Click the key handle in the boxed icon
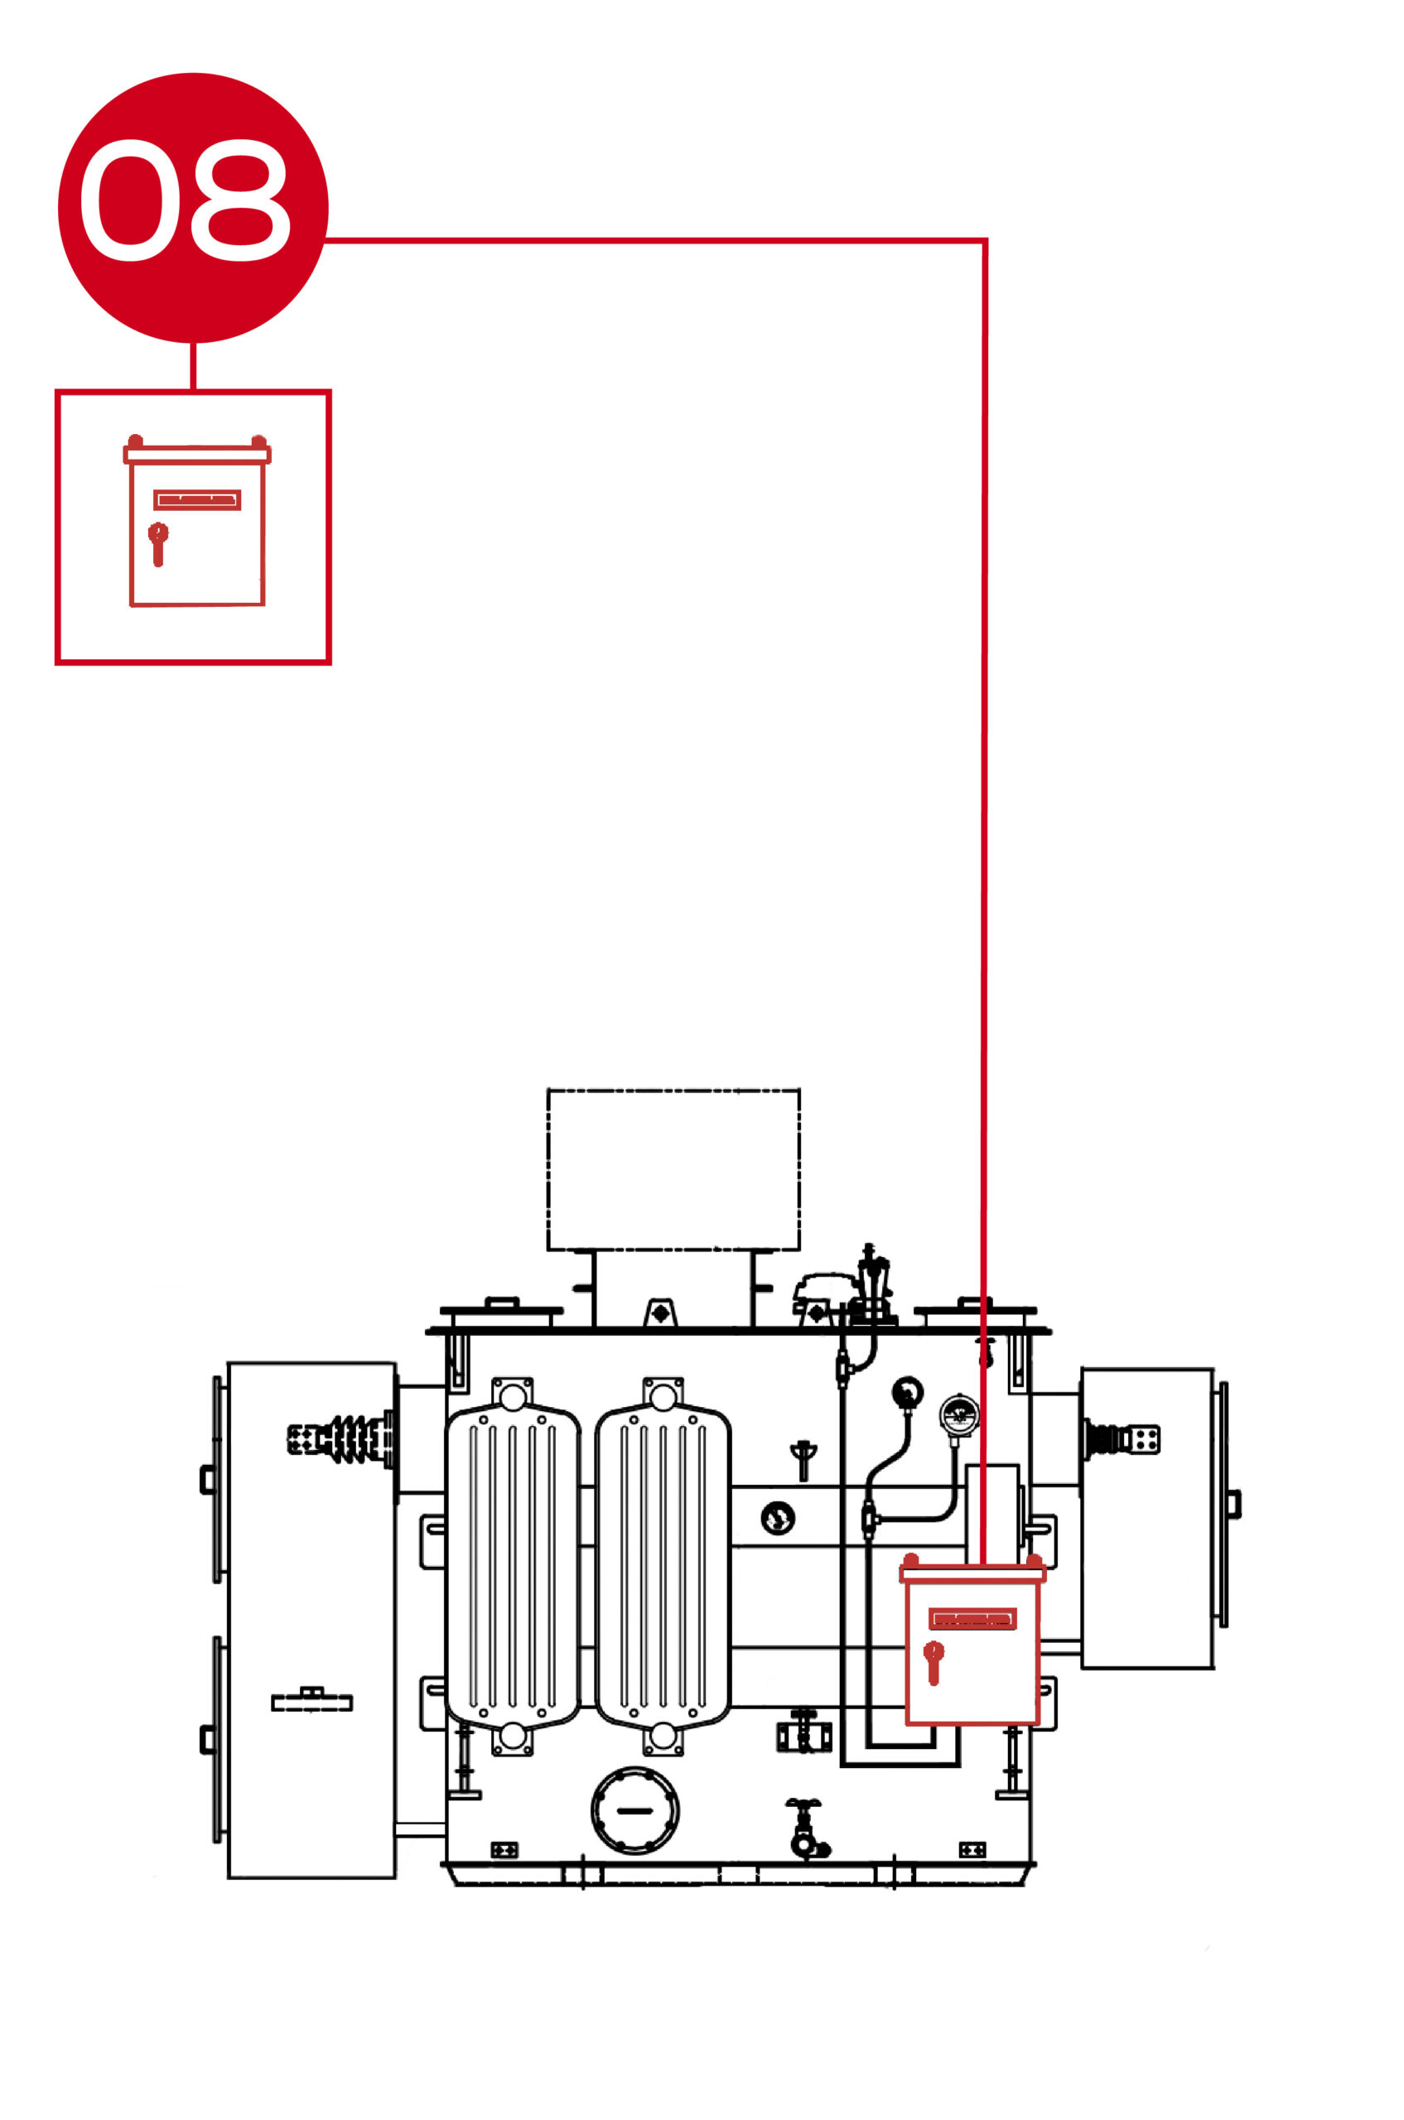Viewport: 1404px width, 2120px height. pyautogui.click(x=157, y=543)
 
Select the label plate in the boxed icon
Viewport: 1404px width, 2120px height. pyautogui.click(x=197, y=499)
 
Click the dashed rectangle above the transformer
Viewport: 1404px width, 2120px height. pyautogui.click(x=673, y=1169)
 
